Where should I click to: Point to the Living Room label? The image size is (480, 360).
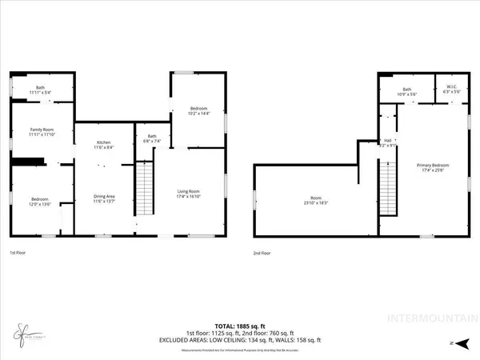[188, 190]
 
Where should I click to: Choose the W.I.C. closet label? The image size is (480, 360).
[452, 90]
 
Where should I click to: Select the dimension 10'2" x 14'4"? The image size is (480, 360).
[198, 113]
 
